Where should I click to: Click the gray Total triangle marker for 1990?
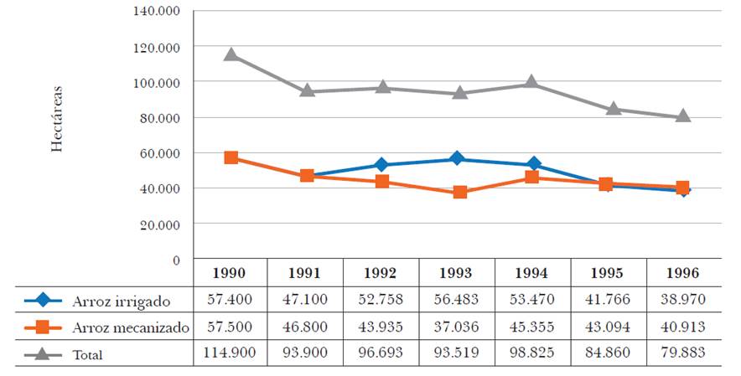(231, 55)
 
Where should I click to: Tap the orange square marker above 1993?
(459, 193)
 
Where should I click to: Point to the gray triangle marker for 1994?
(531, 83)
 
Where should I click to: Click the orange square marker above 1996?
(683, 188)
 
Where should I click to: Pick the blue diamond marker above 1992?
(383, 165)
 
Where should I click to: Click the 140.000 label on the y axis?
(157, 12)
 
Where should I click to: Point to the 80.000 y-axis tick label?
(159, 118)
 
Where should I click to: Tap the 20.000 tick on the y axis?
(159, 224)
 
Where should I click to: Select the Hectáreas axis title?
(57, 116)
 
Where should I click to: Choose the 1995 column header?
(608, 273)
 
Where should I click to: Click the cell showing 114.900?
(229, 353)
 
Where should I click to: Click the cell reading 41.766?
(608, 299)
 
